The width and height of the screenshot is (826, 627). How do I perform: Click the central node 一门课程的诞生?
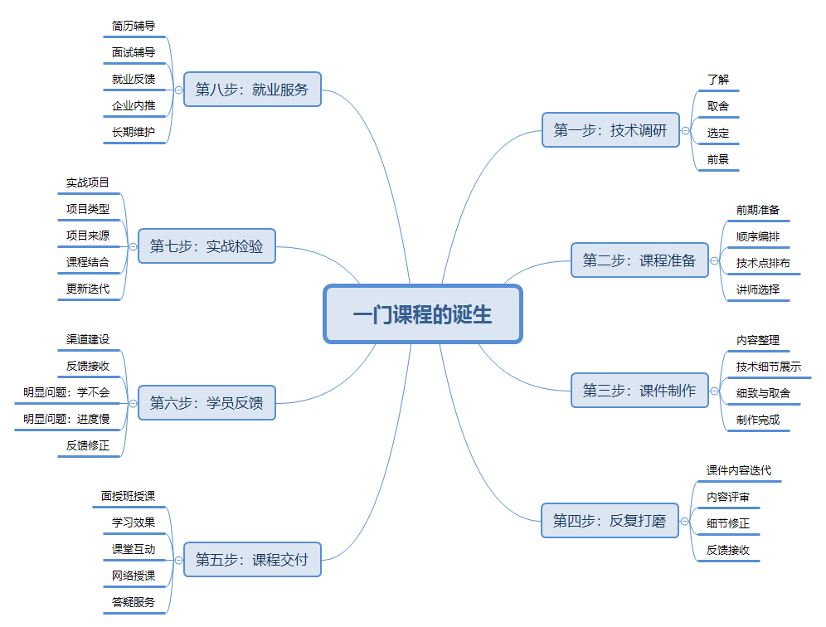(x=422, y=314)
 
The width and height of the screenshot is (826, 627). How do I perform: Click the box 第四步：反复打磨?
(x=610, y=521)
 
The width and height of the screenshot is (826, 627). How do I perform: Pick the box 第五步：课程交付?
(x=252, y=560)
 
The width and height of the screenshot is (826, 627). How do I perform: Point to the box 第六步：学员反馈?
(x=206, y=403)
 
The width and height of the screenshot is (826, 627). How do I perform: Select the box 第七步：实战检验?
(x=206, y=246)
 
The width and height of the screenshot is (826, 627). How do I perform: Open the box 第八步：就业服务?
(x=252, y=90)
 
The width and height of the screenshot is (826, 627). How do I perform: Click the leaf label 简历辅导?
(x=134, y=26)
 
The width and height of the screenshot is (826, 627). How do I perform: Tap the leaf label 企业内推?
(x=134, y=105)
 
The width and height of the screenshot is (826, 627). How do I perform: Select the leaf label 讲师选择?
(x=757, y=289)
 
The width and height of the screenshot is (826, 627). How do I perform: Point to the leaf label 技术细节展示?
(x=768, y=366)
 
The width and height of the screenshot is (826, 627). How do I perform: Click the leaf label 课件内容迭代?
(x=738, y=470)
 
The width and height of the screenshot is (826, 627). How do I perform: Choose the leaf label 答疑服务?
(x=134, y=601)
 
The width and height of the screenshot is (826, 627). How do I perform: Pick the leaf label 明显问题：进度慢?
(x=66, y=419)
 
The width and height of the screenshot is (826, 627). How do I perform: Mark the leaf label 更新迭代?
(x=88, y=289)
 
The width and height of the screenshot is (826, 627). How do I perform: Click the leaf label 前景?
(x=717, y=159)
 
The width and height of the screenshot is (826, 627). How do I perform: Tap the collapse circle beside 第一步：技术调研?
(x=686, y=130)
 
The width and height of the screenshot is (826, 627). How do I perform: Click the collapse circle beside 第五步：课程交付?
(x=178, y=560)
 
